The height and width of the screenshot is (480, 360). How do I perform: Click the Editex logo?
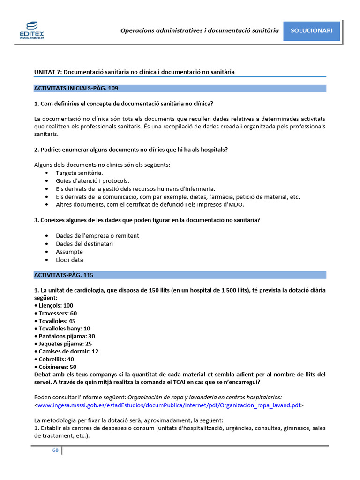point(32,30)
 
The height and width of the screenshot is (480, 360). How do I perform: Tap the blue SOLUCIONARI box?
point(312,30)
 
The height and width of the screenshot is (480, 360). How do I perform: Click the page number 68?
point(55,450)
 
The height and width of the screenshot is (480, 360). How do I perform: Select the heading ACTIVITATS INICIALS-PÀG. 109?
point(76,88)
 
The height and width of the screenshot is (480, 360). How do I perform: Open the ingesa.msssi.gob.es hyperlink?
point(169,405)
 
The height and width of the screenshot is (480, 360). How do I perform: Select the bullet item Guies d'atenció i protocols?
point(92,181)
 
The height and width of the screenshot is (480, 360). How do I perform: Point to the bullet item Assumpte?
point(69,252)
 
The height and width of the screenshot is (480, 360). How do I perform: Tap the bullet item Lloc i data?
point(69,260)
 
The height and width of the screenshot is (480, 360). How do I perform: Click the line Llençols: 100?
point(54,305)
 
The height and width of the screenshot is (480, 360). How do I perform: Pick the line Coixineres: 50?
point(55,367)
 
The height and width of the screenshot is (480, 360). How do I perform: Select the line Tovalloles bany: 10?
point(62,328)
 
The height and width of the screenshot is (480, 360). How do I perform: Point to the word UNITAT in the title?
point(45,72)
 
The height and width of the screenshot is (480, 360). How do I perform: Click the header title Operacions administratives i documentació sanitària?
point(200,30)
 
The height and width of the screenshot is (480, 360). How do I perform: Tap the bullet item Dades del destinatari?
point(84,244)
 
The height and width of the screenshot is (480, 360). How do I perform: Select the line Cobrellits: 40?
point(54,359)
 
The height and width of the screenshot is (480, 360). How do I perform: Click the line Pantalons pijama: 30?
point(65,336)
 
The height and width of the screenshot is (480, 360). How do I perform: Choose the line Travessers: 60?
point(56,313)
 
